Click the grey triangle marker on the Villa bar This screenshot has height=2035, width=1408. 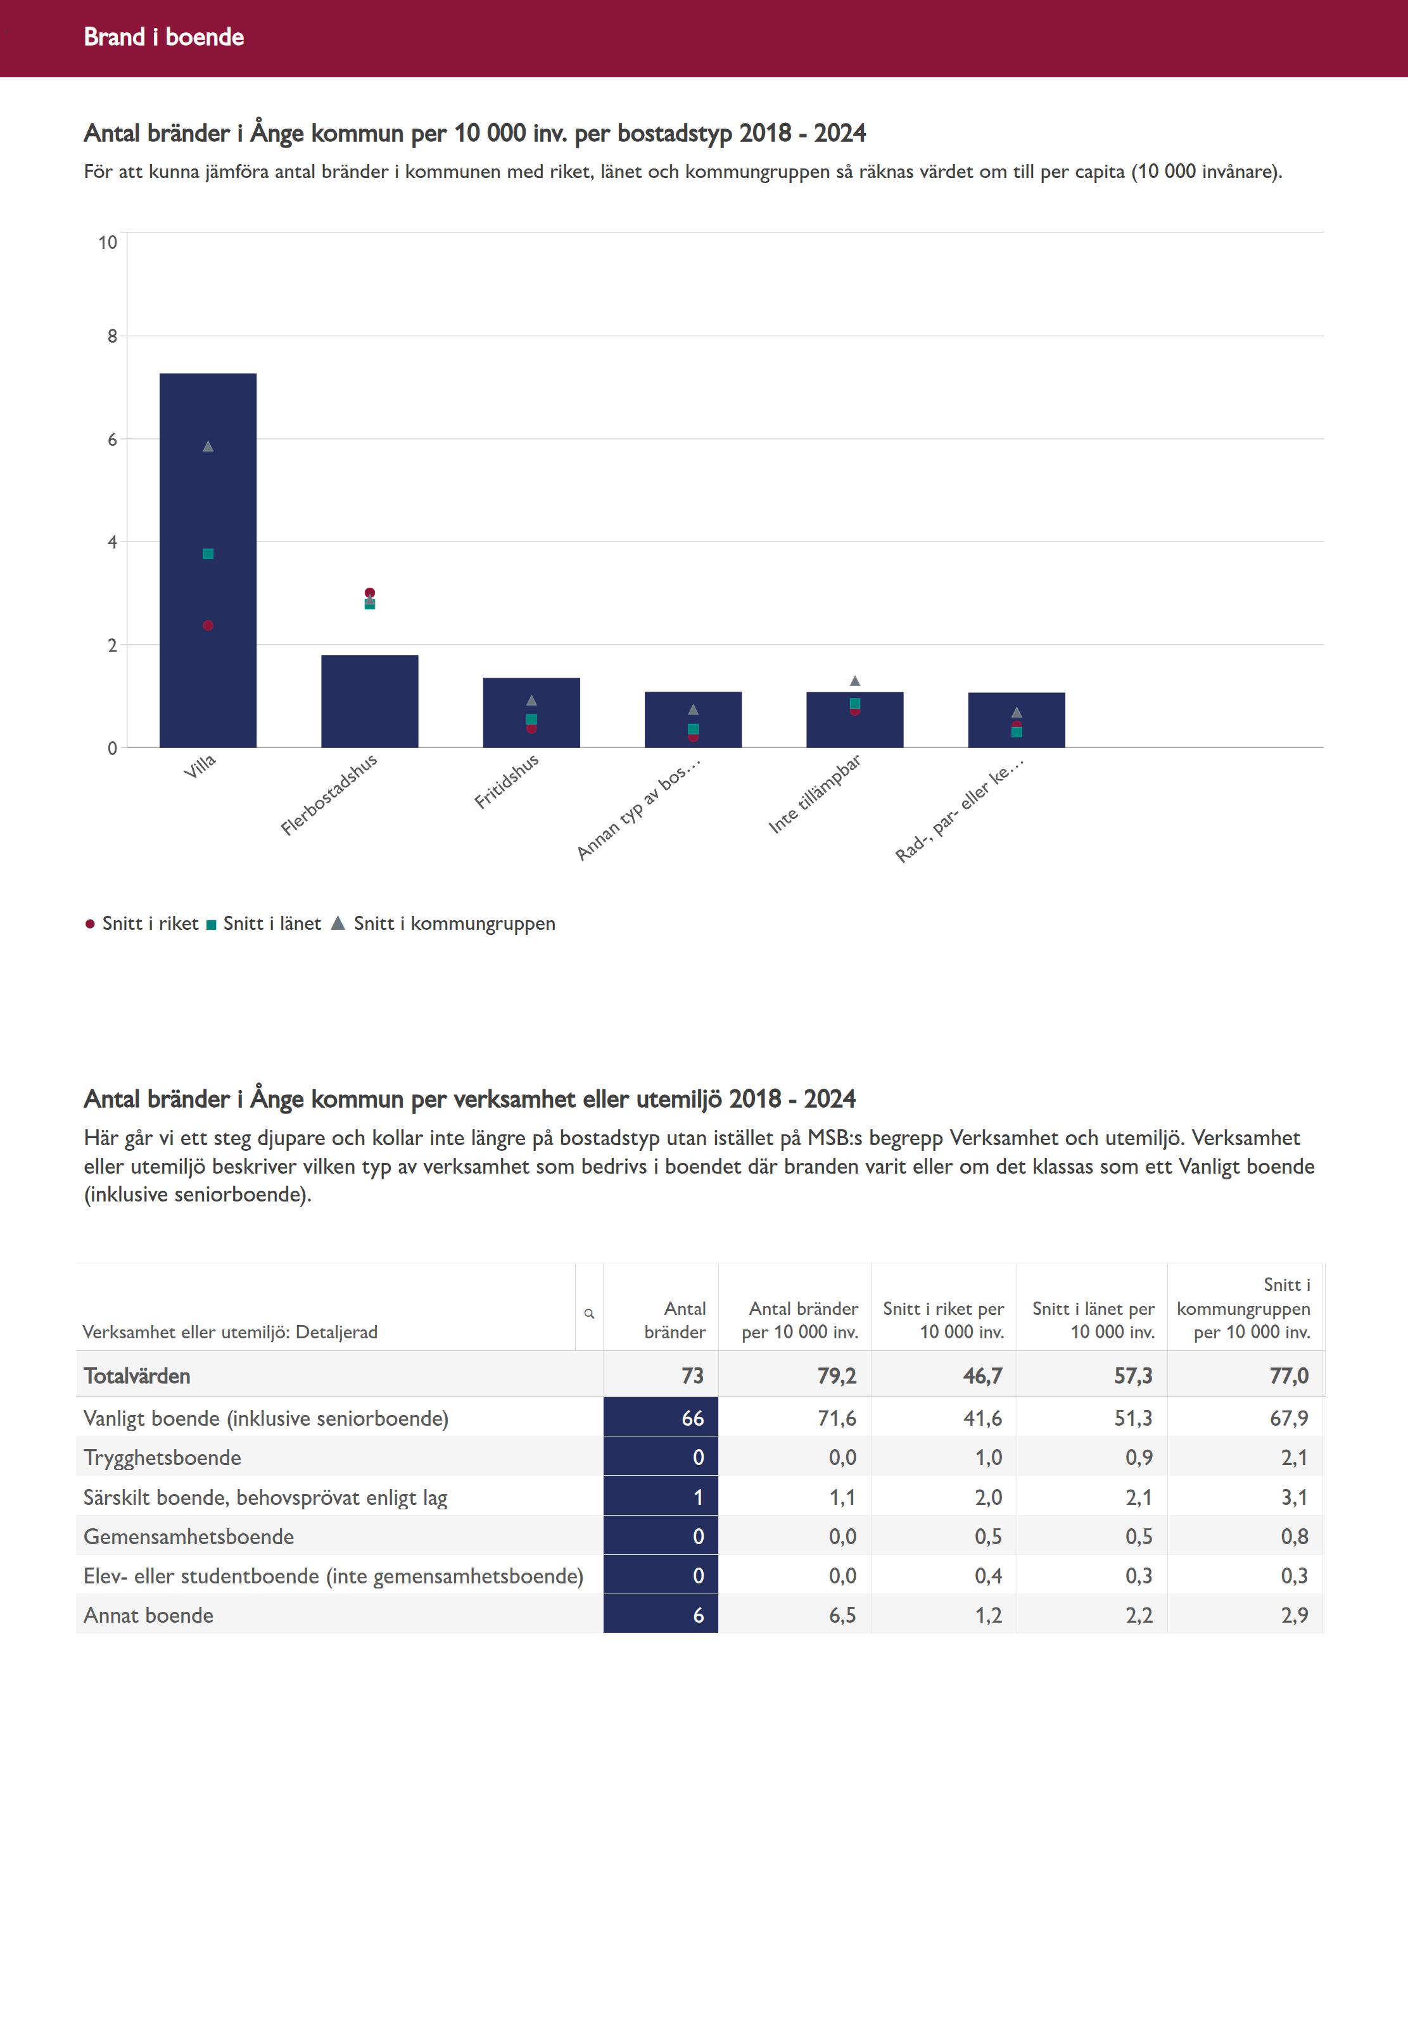(208, 447)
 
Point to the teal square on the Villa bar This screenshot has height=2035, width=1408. (208, 554)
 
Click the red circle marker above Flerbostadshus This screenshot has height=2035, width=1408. (370, 593)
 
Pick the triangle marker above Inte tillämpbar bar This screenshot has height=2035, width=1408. (855, 681)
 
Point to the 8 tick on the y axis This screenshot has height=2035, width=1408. (112, 336)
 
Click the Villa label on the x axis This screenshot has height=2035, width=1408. (200, 766)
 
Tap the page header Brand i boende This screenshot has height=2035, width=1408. (164, 37)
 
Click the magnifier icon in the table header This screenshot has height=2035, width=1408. (589, 1314)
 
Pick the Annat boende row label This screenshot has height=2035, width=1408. (148, 1615)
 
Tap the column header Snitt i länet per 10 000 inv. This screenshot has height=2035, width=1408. (1093, 1320)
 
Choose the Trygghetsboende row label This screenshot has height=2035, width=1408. (162, 1457)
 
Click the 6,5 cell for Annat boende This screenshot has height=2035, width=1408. (842, 1615)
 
